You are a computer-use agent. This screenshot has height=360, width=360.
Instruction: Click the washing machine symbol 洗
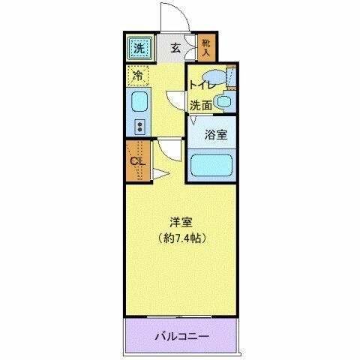click(x=138, y=48)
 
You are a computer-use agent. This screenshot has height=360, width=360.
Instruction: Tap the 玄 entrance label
click(x=175, y=49)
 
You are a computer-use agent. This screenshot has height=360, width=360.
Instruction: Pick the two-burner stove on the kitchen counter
click(x=139, y=124)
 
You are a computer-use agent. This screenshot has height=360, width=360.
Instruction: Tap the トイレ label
click(x=200, y=85)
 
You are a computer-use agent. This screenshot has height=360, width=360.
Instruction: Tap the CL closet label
click(x=136, y=160)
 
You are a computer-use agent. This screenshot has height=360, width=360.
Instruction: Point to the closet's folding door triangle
click(x=159, y=175)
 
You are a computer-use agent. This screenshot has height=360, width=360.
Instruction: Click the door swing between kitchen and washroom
click(x=175, y=99)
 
